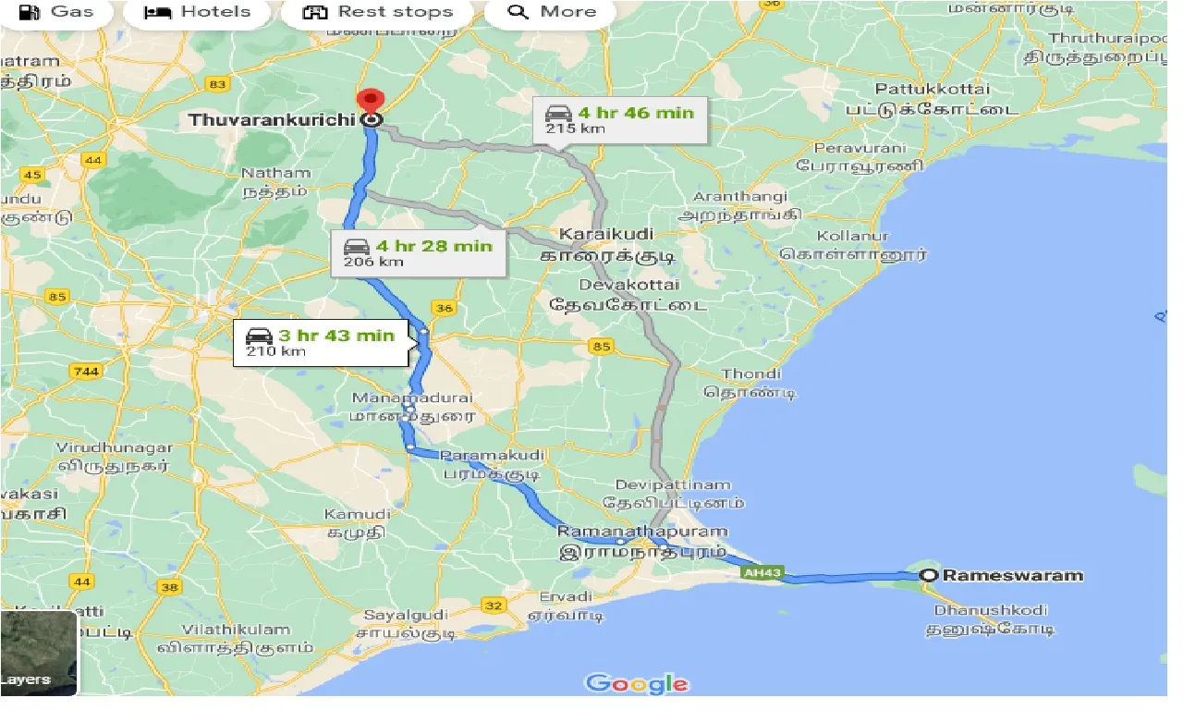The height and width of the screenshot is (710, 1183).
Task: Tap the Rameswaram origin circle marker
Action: [x=929, y=575]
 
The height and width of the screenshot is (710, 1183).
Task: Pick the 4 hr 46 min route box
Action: [x=621, y=119]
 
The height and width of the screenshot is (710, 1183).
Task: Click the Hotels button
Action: [x=199, y=12]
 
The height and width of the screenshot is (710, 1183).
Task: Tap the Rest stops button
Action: [x=379, y=12]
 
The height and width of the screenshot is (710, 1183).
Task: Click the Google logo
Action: [x=638, y=684]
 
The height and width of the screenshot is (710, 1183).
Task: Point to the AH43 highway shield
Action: [x=762, y=573]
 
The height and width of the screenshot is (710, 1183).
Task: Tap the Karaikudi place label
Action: [x=605, y=234]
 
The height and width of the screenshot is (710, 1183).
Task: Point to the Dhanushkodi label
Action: [x=990, y=610]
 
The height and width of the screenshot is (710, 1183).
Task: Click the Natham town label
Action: [x=275, y=173]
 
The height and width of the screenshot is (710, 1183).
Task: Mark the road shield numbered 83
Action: [x=218, y=85]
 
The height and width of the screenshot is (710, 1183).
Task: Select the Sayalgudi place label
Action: [x=406, y=615]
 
